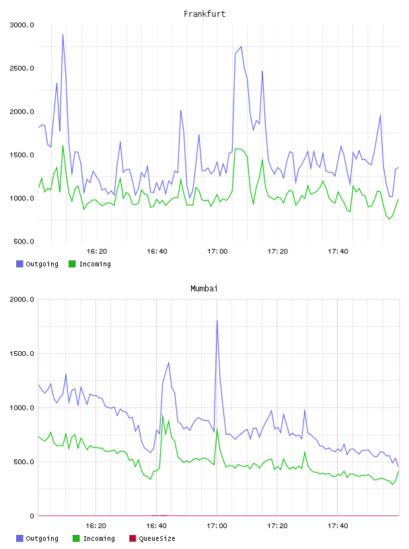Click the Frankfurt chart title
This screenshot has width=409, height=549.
204,14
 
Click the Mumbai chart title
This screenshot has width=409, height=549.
204,289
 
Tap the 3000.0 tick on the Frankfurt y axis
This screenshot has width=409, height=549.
22,25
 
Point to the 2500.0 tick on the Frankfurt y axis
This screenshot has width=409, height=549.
22,68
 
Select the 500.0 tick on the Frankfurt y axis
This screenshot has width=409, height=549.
24,242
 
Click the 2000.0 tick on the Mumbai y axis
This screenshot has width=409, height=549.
22,299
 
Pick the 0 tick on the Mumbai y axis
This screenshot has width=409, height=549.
32,516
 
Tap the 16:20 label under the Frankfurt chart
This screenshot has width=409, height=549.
97,252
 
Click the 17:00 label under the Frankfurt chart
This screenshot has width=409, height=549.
217,252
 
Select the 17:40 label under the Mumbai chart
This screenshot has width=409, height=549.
338,526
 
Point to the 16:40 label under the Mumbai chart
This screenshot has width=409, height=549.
157,526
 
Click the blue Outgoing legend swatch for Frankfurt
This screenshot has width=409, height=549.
20,264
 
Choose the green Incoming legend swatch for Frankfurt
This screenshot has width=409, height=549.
72,264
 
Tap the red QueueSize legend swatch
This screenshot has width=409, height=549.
133,538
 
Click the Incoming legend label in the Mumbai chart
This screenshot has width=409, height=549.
99,539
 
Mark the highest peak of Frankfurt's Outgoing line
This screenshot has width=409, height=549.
63,34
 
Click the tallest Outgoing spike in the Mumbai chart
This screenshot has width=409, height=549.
217,320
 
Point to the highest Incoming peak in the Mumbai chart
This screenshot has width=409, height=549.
163,415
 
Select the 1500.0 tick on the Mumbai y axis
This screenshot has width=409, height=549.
22,354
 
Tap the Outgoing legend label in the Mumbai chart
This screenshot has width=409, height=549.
42,539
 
